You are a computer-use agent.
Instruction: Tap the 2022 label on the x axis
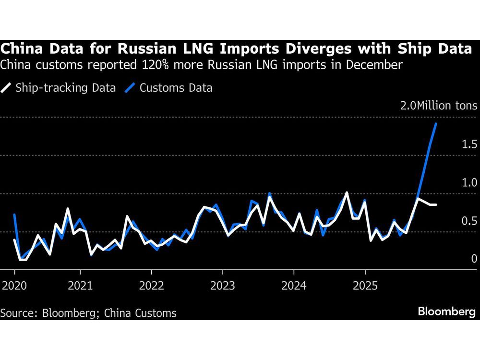pyautogui.click(x=152, y=287)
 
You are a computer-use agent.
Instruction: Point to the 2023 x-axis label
pyautogui.click(x=223, y=287)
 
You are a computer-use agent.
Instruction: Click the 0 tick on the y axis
pyautogui.click(x=474, y=259)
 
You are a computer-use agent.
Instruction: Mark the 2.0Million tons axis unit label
pyautogui.click(x=439, y=106)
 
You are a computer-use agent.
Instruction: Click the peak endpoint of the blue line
pyautogui.click(x=436, y=123)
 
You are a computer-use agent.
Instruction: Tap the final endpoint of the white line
pyautogui.click(x=436, y=205)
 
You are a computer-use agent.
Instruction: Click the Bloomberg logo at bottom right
pyautogui.click(x=446, y=312)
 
